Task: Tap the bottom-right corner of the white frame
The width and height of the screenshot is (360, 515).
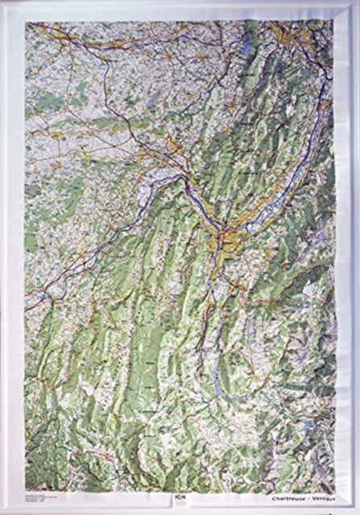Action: [x=355, y=509]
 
